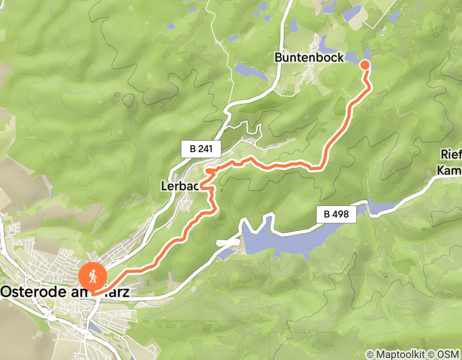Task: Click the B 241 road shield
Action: [x=201, y=150]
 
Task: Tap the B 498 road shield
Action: [x=336, y=214]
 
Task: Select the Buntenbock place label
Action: [x=309, y=58]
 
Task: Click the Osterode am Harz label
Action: [x=64, y=292]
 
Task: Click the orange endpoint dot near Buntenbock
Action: [x=364, y=64]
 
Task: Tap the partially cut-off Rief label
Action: [x=451, y=155]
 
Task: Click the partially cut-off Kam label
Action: [x=449, y=170]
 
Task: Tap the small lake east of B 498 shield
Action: [x=381, y=207]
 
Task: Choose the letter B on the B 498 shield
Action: [x=328, y=214]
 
